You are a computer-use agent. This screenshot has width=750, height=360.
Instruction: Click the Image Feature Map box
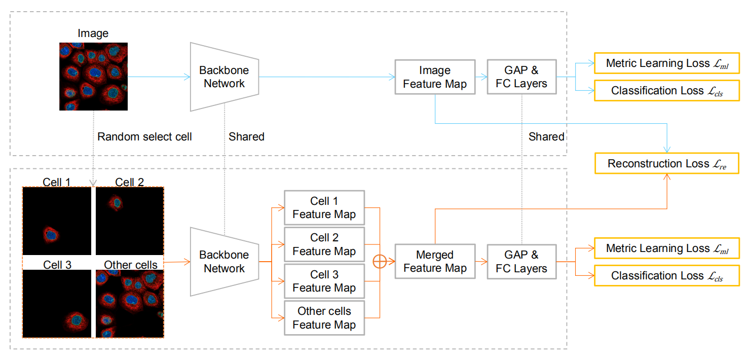point(435,77)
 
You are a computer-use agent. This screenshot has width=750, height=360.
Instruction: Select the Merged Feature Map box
point(435,262)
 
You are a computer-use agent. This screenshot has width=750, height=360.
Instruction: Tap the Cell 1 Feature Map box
point(324,207)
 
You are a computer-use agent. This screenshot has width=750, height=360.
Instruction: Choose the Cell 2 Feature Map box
point(324,244)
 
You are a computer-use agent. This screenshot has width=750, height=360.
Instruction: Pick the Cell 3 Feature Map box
point(324,281)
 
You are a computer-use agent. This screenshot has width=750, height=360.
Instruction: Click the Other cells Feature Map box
point(324,318)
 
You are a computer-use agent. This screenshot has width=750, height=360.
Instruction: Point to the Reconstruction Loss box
point(666,163)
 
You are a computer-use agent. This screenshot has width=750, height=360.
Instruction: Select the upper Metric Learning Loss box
point(666,63)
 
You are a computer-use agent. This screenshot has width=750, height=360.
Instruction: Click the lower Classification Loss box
point(666,276)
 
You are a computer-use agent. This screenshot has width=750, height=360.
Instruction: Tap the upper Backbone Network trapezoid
point(224,77)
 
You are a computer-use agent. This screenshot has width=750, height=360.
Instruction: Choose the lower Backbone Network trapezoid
point(224,262)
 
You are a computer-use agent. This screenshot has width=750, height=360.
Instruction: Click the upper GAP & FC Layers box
point(521,77)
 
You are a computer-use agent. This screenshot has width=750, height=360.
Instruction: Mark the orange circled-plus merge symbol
point(380,262)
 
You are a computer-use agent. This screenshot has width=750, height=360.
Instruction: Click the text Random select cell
point(144,136)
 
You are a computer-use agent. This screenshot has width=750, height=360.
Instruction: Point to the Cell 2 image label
point(129,182)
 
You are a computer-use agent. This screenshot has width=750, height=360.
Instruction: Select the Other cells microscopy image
point(130,304)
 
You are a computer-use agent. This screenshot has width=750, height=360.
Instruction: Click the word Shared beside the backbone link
point(246,136)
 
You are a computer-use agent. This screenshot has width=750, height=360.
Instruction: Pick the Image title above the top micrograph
point(93,33)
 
